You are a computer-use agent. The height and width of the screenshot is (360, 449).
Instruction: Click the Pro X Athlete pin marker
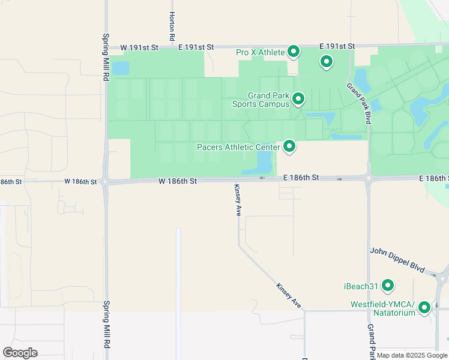coord(294,52)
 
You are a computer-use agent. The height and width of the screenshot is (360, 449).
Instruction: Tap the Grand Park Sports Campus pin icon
coord(297,98)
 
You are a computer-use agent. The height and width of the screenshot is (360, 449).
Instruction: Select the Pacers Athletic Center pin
coord(289,146)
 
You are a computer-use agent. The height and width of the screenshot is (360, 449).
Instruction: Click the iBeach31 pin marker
coord(388,285)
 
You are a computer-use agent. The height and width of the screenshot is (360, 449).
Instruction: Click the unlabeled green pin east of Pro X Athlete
coord(326,61)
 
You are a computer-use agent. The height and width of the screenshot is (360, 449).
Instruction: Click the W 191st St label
coord(139,47)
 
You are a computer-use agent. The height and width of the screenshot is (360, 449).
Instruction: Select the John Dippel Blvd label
coord(397,260)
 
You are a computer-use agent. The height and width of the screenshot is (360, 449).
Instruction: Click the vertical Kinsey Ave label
coord(237,200)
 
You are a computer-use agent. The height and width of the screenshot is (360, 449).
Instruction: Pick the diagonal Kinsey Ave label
coord(289,296)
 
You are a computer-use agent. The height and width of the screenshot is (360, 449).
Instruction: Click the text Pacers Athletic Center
coord(238,147)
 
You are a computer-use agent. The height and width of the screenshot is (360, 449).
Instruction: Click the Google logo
coord(20,352)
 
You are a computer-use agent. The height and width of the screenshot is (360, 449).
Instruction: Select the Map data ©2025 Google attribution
coord(412,355)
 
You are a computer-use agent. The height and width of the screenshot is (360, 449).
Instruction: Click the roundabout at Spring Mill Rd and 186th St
coord(106,181)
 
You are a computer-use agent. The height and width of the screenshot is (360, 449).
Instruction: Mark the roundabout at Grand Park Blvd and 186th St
coord(369,178)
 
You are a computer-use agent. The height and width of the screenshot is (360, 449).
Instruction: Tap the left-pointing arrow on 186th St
coord(262,178)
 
